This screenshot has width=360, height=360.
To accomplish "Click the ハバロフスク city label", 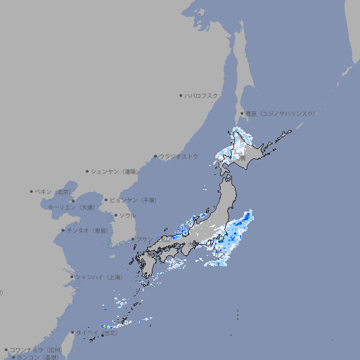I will coord(202,95).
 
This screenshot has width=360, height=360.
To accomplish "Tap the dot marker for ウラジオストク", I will coord(155,157).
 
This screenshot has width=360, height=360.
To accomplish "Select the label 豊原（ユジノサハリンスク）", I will coord(281,113).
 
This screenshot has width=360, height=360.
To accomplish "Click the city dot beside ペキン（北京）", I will coord(32,191).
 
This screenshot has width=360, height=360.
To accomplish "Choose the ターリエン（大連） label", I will coord(70,207).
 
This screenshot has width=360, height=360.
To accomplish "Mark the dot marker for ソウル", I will coord(115,216).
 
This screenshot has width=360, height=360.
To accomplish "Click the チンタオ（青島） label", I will coord(88,231).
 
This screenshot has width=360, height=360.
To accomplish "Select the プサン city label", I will coord(144,239).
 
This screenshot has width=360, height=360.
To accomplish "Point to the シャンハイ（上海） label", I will coord(99,277).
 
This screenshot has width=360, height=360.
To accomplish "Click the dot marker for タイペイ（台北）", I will coord(72,333).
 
